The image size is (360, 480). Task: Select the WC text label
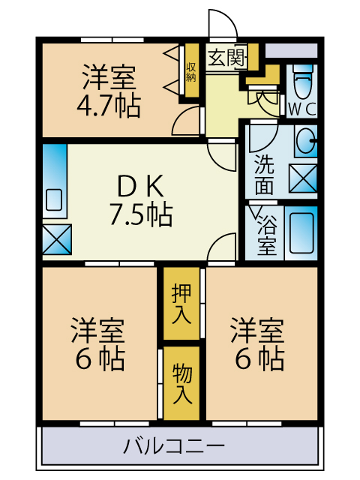click(302, 108)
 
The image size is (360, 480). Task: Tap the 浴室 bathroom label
click(266, 233)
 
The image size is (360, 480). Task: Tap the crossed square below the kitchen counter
click(56, 238)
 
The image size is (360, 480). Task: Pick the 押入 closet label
click(181, 303)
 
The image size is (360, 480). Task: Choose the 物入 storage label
click(181, 382)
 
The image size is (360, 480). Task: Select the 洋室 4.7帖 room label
click(109, 90)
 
